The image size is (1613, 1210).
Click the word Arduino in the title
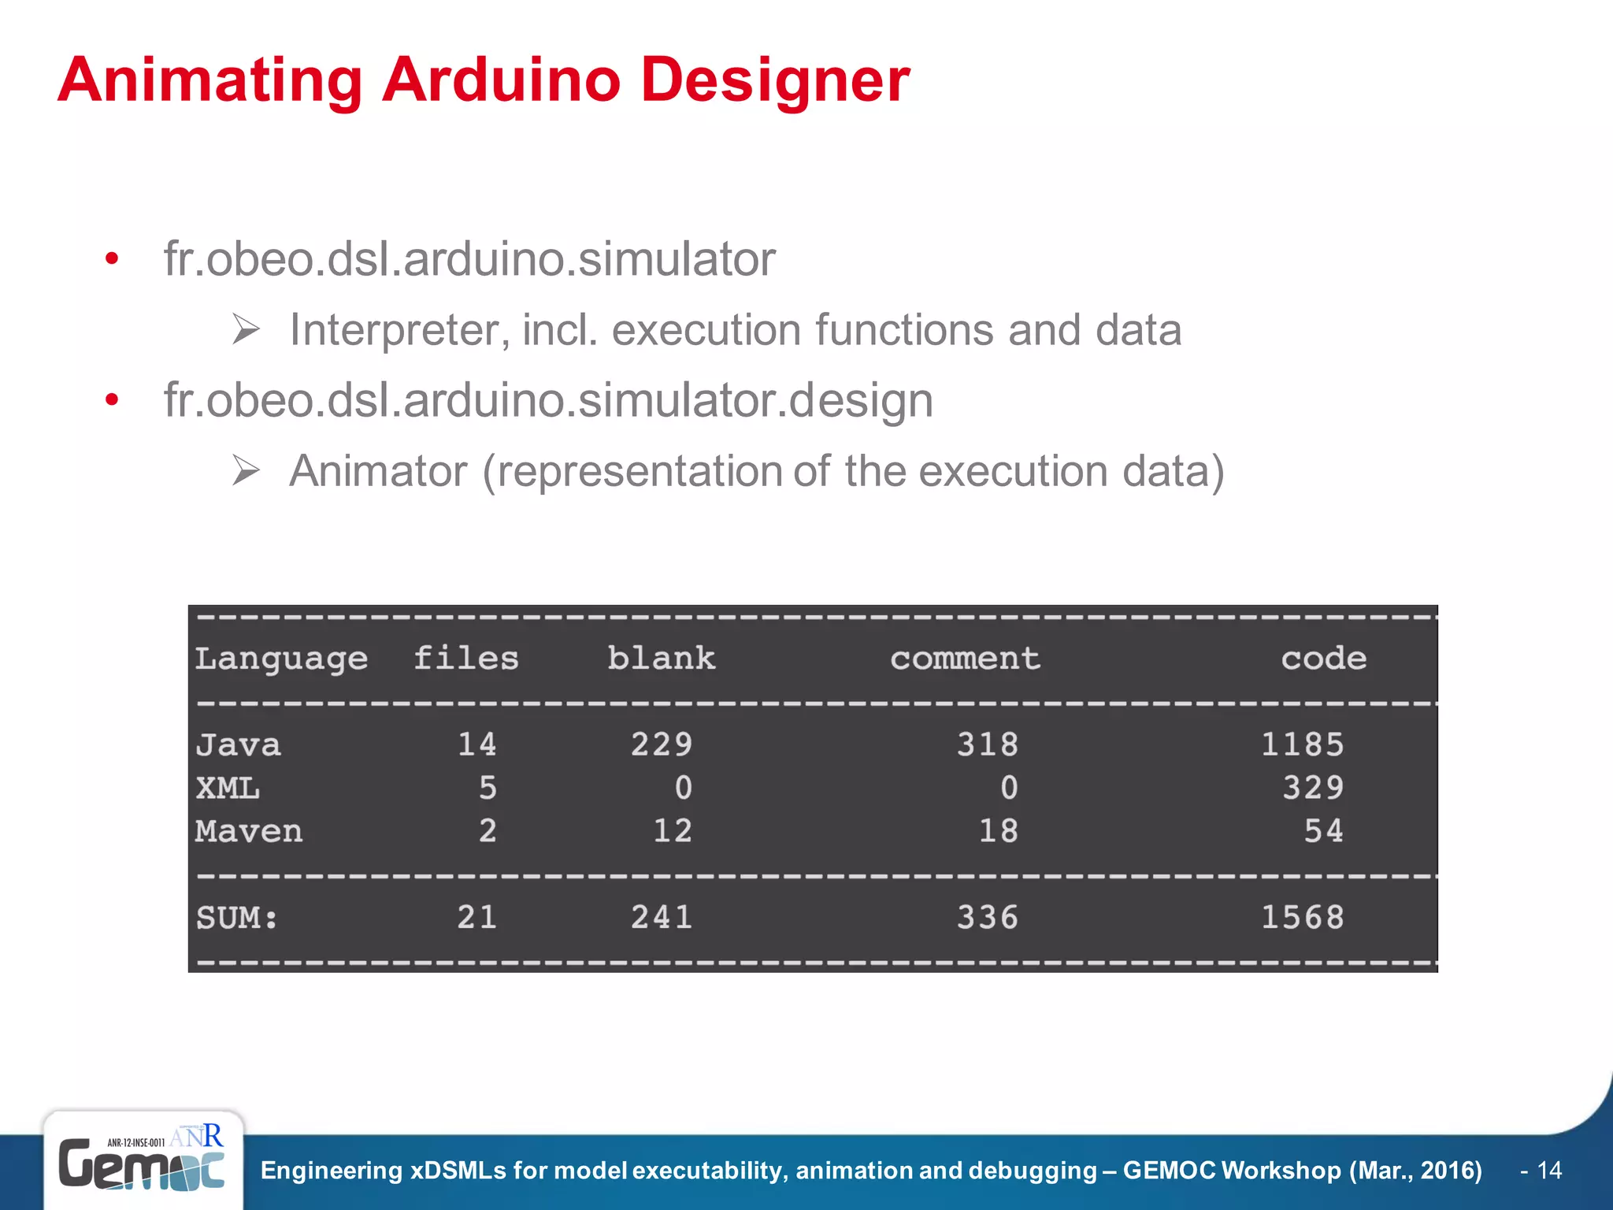501,80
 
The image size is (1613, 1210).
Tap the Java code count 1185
1303,744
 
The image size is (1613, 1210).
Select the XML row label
228,788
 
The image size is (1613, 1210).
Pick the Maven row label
249,831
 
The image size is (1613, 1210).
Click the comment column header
965,659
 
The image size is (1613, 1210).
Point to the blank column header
661,659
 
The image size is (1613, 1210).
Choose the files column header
466,659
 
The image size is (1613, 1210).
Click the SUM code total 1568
1303,917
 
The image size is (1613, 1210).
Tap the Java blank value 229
662,744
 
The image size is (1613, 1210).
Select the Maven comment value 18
998,831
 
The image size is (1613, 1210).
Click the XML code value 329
1313,788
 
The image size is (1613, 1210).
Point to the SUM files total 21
477,917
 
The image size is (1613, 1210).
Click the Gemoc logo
142,1163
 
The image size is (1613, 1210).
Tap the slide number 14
1549,1171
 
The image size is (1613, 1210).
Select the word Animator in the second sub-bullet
378,471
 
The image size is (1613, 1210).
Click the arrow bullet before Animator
246,471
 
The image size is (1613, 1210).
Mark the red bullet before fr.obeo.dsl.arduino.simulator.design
112,400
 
